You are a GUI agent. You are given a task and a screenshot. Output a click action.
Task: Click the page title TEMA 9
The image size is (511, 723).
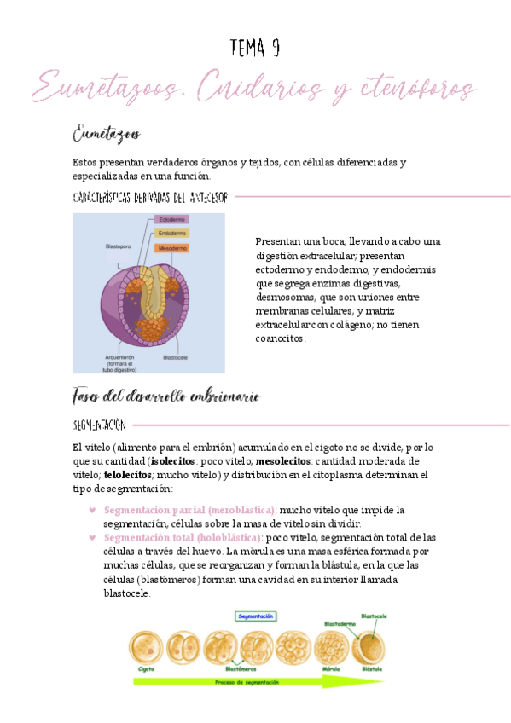(x=255, y=49)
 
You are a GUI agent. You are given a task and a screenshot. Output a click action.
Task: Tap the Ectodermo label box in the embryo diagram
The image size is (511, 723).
(x=172, y=220)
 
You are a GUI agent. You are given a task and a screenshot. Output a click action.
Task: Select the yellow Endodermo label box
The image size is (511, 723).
(x=172, y=234)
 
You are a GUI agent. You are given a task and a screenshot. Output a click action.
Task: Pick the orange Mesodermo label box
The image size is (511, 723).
(x=172, y=248)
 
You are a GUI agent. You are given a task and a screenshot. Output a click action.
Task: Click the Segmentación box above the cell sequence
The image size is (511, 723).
(x=255, y=615)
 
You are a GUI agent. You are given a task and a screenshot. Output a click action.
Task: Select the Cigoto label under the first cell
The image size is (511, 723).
(x=146, y=669)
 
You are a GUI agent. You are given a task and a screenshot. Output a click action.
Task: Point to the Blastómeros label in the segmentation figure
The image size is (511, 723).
(x=241, y=669)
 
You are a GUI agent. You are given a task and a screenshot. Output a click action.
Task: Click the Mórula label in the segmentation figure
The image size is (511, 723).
(x=330, y=669)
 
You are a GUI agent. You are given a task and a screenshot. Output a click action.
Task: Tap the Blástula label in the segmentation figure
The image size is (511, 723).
(x=372, y=669)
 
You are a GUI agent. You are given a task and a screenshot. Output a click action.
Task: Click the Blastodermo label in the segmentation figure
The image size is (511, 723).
(x=340, y=623)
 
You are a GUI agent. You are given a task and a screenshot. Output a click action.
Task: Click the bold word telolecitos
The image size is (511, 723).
(x=127, y=474)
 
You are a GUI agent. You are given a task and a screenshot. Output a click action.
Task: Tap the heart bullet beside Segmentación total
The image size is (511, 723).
(x=92, y=538)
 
